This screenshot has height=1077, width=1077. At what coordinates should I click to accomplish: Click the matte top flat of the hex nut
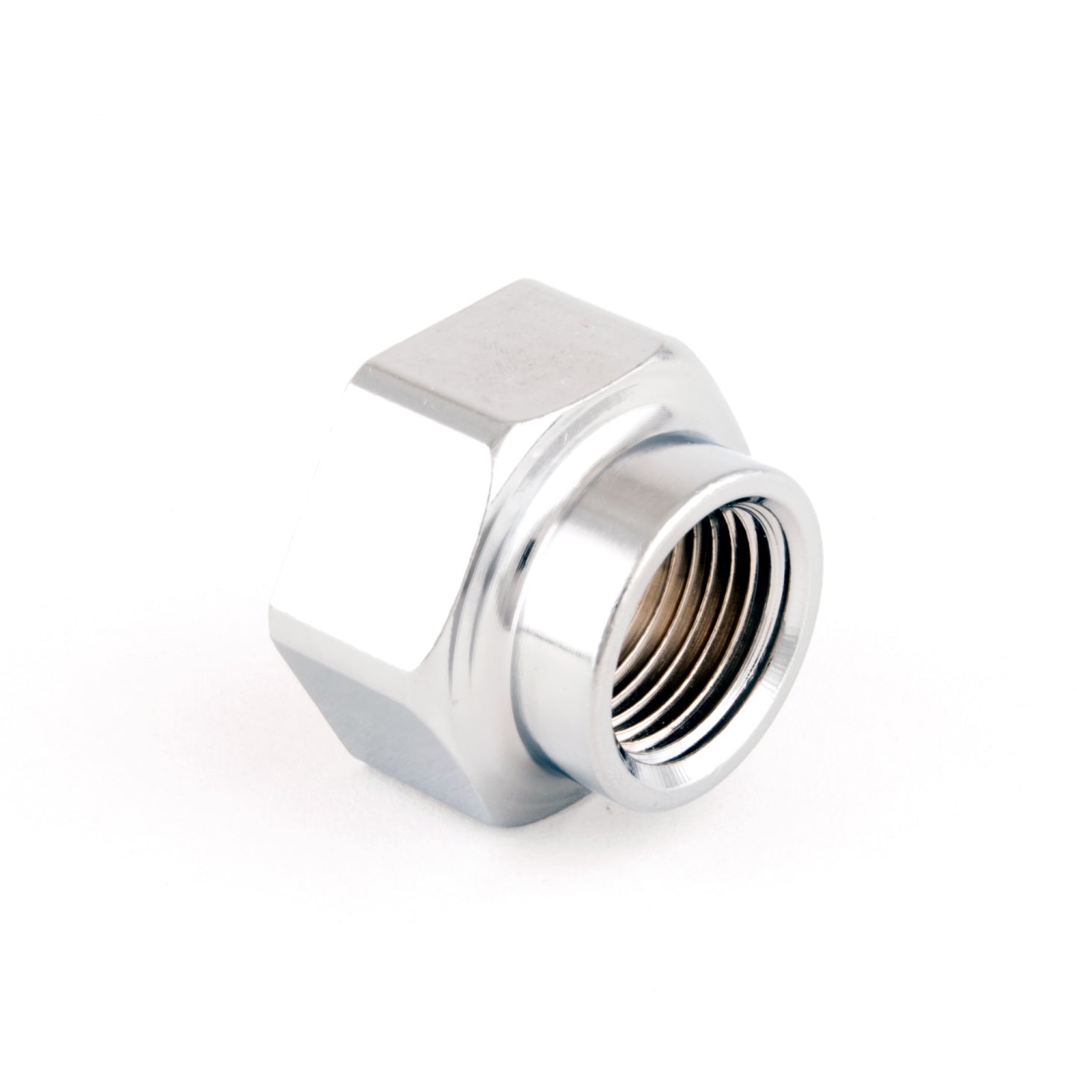click(x=514, y=350)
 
